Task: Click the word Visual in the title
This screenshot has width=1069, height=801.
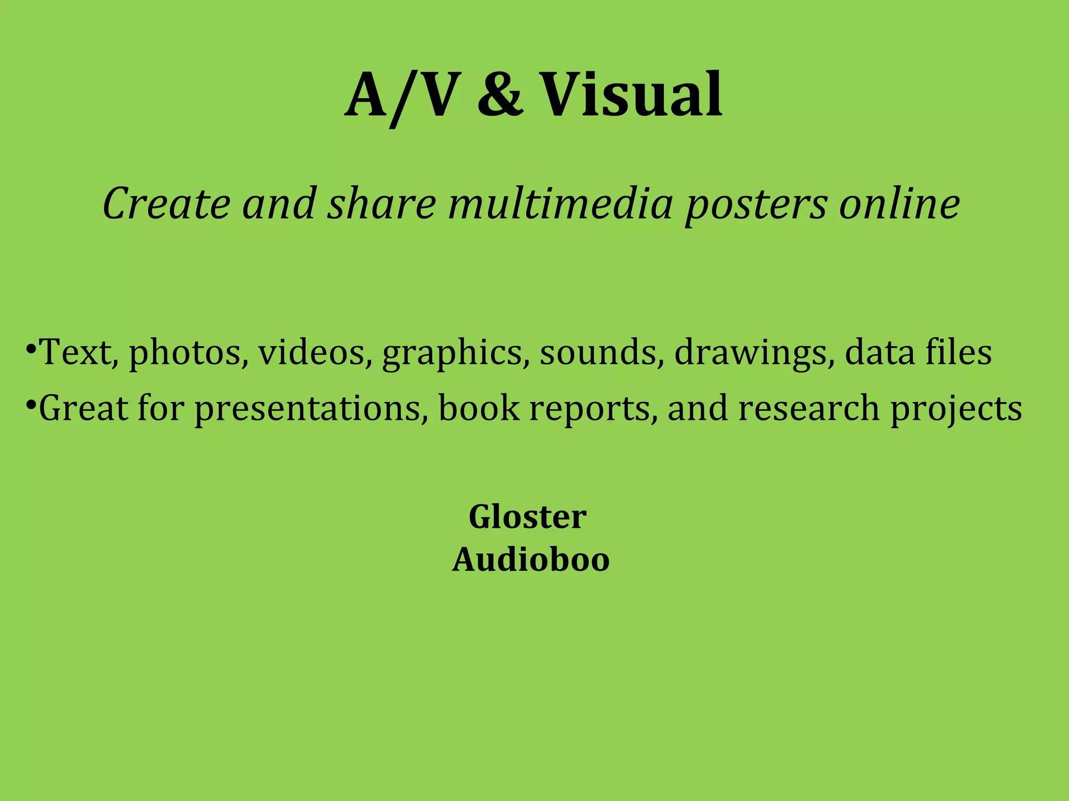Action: pyautogui.click(x=631, y=95)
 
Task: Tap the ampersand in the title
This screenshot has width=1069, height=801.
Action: pyautogui.click(x=500, y=95)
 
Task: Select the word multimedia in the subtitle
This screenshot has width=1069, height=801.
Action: pyautogui.click(x=561, y=203)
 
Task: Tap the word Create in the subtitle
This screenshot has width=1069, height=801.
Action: pyautogui.click(x=167, y=203)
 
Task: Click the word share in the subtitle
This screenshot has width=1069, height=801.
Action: pyautogui.click(x=381, y=203)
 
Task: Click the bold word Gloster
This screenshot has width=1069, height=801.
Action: pyautogui.click(x=527, y=517)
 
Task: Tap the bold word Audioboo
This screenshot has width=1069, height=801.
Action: pyautogui.click(x=531, y=560)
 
